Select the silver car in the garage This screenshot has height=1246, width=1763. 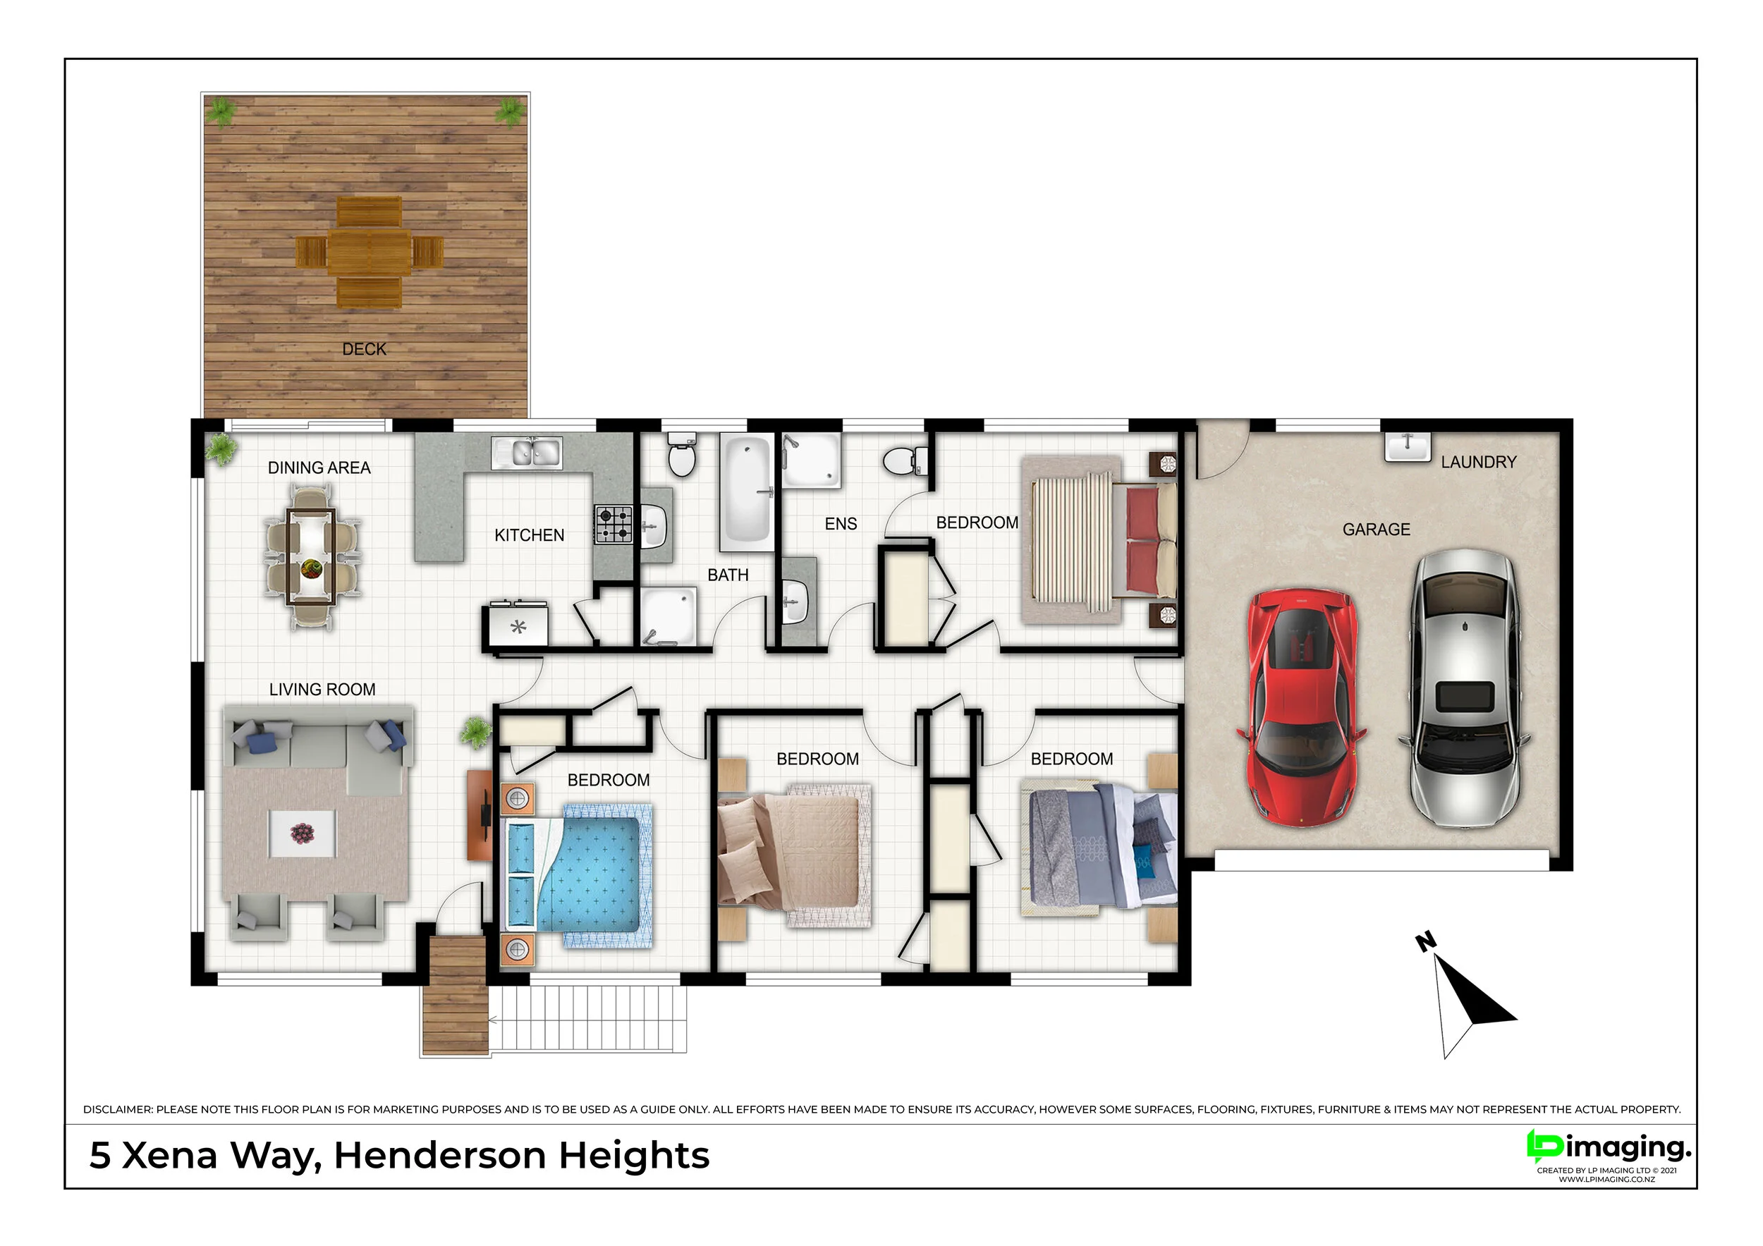tap(1464, 689)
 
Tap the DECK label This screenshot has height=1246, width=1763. tap(364, 349)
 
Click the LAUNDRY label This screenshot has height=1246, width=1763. tap(1478, 462)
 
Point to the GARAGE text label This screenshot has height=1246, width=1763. tap(1376, 530)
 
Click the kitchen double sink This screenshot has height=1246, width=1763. tap(527, 452)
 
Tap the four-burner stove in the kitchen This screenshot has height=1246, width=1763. tap(614, 525)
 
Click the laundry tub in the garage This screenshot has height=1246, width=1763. tap(1408, 447)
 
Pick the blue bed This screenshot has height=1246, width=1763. tap(576, 874)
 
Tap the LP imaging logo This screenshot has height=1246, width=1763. tap(1608, 1149)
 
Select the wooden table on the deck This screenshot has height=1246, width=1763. tap(370, 251)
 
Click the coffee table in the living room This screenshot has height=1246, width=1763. tap(302, 833)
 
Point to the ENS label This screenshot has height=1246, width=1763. tap(841, 525)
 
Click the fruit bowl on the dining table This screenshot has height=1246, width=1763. tap(311, 569)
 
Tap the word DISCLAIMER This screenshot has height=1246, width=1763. tap(118, 1109)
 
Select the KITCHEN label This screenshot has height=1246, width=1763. tap(529, 536)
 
